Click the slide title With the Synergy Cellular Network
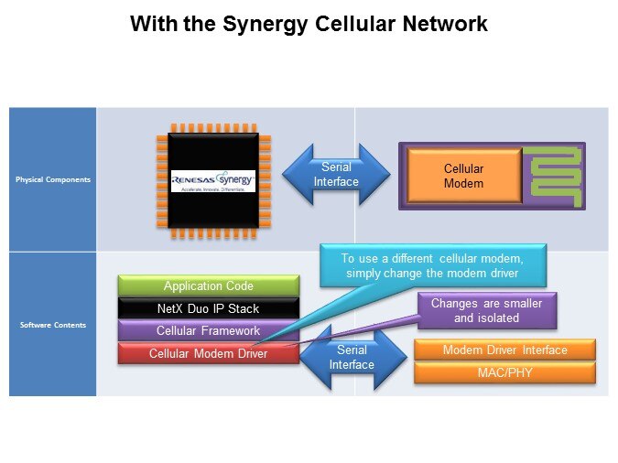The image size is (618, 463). [x=309, y=25]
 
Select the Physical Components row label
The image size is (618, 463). [x=52, y=179]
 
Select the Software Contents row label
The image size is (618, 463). [x=52, y=324]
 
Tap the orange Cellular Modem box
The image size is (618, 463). [x=463, y=177]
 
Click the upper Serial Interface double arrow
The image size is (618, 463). [x=336, y=175]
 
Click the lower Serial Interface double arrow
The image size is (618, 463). [x=352, y=357]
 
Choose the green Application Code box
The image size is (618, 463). [x=209, y=286]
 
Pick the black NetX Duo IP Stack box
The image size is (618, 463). [x=209, y=308]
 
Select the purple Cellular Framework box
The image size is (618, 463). [x=209, y=330]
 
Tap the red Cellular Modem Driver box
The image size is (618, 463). [x=209, y=353]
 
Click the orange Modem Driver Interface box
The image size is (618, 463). [x=504, y=350]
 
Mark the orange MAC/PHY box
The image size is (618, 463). [x=504, y=372]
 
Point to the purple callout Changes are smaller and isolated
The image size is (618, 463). [x=486, y=310]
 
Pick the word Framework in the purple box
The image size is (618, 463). [x=233, y=330]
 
